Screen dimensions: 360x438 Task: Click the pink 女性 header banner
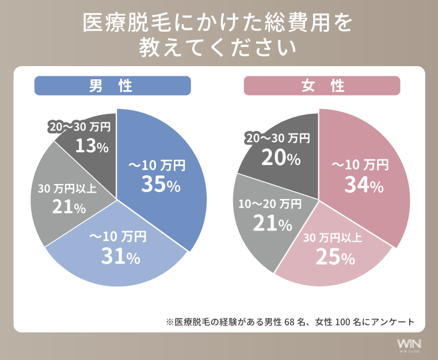click(322, 86)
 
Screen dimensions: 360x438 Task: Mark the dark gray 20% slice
click(282, 150)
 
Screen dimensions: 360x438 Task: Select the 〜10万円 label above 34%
click(360, 166)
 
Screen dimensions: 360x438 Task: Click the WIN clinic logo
click(409, 344)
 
